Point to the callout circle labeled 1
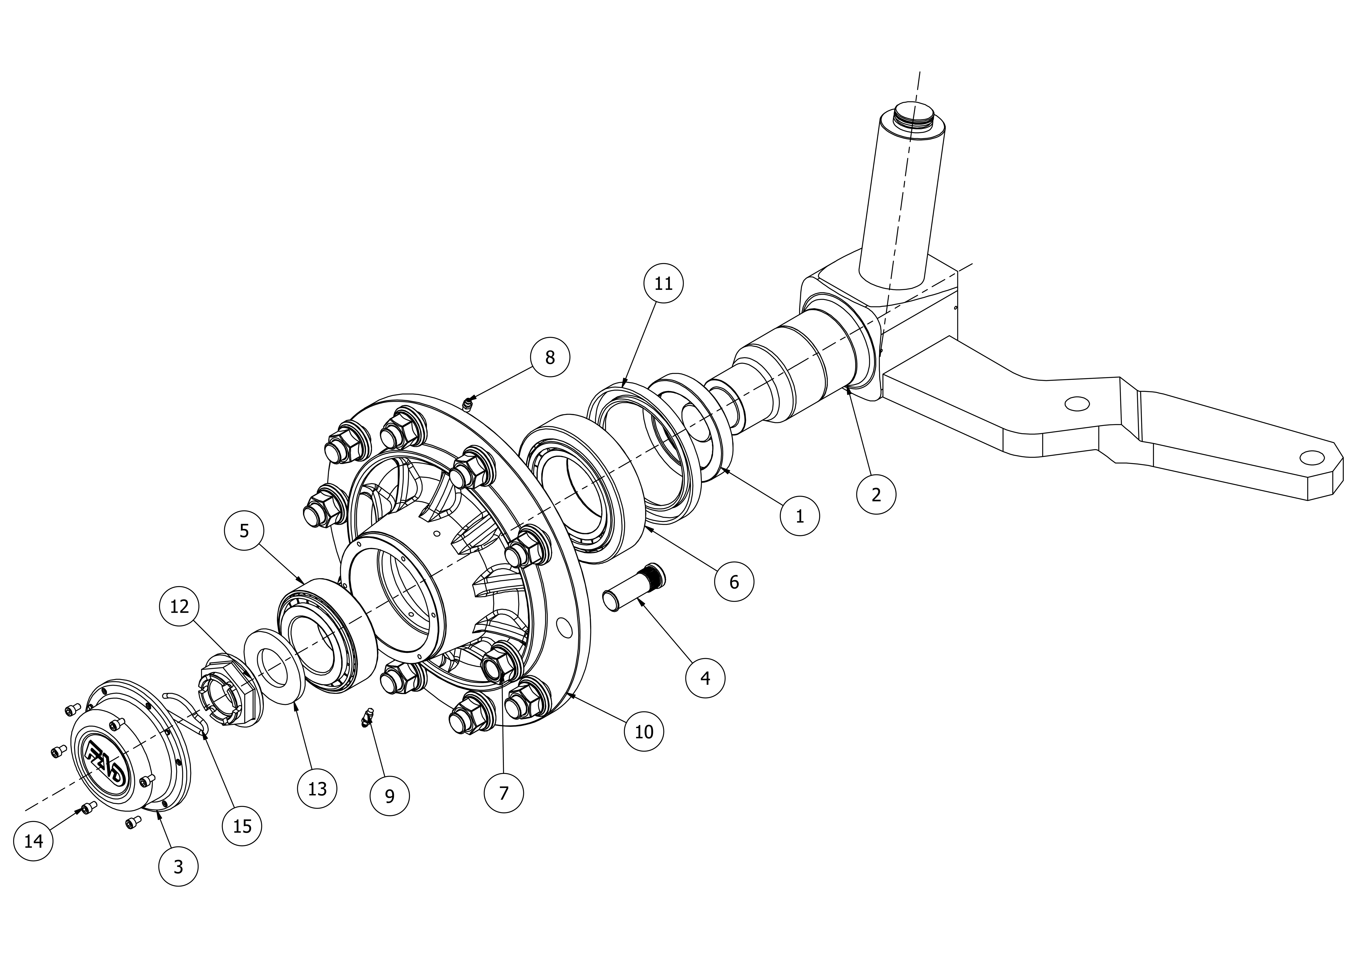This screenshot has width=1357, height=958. pos(800,516)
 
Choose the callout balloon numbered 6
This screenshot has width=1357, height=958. pos(734,582)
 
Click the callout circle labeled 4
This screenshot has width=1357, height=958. pos(705,678)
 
